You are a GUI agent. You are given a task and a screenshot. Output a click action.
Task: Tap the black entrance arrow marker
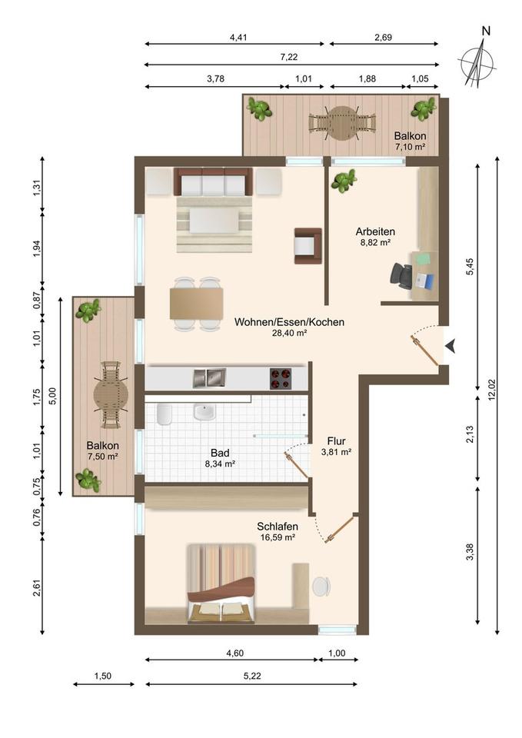coord(451,346)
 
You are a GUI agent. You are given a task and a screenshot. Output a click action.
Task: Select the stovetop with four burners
coord(281,378)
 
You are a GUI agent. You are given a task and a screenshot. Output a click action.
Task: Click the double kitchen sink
coord(209,378)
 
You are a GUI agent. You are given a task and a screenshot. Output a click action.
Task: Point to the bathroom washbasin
coord(204,412)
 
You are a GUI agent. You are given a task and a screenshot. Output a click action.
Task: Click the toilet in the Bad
coord(164,414)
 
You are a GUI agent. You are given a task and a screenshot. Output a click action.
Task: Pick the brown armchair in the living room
coord(308,246)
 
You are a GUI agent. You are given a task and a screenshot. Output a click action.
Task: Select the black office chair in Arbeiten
coord(401,275)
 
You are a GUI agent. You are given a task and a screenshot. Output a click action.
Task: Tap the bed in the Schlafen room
coord(221,584)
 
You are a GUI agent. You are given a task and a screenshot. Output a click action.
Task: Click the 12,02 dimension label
coord(492,390)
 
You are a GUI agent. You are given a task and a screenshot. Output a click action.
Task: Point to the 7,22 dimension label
coord(289,57)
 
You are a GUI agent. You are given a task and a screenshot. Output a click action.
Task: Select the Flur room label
coord(336,441)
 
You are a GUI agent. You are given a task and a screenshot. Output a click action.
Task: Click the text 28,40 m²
coord(290,333)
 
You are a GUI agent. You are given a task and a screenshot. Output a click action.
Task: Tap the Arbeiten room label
coord(375,231)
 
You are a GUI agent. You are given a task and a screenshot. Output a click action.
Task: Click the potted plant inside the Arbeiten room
coord(344,181)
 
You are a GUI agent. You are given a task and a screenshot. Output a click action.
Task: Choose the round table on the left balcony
coord(111,394)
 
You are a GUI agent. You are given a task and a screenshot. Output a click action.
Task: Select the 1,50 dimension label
coord(102,676)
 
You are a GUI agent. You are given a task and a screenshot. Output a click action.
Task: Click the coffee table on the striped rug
coord(214,221)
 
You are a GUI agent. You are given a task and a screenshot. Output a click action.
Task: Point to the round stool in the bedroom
coord(321,586)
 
